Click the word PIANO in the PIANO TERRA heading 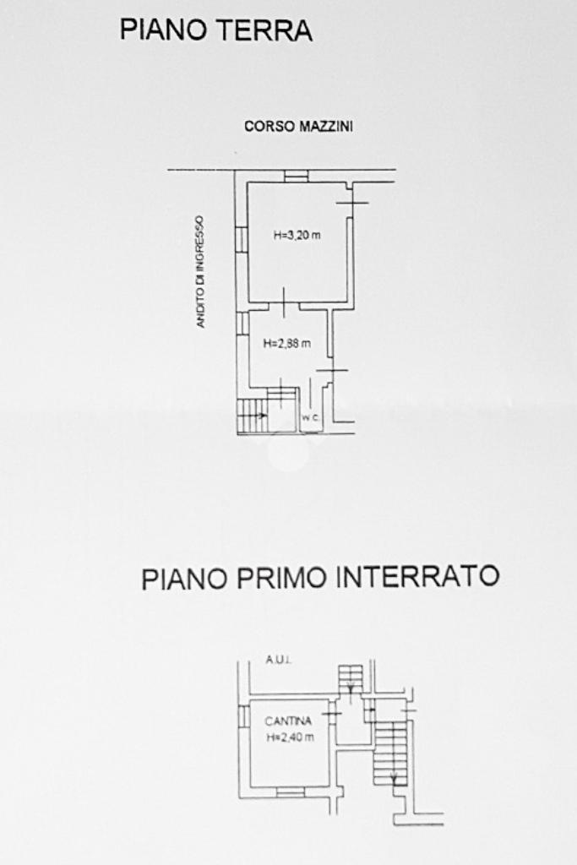coord(160,30)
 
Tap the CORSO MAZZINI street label coord(298,127)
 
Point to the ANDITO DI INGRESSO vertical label coord(200,271)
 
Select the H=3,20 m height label coord(297,236)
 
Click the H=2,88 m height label coord(286,343)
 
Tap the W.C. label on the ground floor coord(308,418)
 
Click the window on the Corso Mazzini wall coord(296,176)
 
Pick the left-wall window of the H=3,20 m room coord(241,239)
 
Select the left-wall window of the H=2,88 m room coord(241,324)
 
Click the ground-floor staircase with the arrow coord(253,415)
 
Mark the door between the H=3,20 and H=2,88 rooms coord(284,302)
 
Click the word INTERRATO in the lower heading coord(417,578)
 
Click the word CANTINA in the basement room coord(288,721)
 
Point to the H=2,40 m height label coord(290,737)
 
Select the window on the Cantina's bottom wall coord(290,792)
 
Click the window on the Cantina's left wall coord(243,716)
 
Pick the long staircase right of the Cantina coord(391,752)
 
